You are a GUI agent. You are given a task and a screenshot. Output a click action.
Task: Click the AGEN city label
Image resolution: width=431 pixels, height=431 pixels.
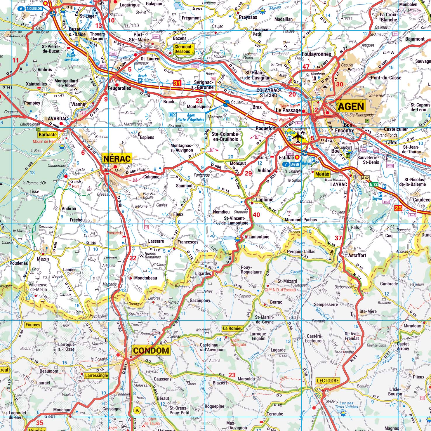[351, 106]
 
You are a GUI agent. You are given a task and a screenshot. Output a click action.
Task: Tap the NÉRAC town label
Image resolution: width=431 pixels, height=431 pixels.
[117, 159]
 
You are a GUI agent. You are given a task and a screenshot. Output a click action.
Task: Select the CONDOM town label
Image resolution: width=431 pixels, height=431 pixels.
[151, 351]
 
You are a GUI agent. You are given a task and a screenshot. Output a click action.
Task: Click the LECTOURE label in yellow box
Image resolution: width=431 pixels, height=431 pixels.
[328, 381]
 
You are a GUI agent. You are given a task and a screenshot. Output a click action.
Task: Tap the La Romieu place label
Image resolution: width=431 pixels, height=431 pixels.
[232, 328]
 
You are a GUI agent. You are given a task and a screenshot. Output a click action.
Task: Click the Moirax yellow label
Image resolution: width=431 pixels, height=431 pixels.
[322, 174]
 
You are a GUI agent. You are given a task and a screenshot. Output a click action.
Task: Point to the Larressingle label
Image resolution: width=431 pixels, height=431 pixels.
[96, 376]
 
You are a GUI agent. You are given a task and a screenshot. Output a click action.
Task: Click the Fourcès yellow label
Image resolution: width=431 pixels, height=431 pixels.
[33, 325]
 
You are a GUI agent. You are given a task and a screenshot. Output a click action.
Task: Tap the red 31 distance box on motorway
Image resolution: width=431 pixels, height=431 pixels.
[177, 83]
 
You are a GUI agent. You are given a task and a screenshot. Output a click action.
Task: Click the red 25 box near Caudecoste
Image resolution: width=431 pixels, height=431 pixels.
[398, 208]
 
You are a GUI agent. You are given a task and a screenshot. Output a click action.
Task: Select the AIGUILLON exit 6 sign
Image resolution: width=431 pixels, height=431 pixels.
[31, 9]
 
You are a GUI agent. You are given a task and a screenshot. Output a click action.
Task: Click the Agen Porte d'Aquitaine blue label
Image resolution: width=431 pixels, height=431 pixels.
[191, 117]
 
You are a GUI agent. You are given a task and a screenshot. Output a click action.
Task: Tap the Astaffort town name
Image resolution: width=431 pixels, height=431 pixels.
[357, 255]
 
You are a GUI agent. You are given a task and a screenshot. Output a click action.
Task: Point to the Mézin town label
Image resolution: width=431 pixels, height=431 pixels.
[43, 259]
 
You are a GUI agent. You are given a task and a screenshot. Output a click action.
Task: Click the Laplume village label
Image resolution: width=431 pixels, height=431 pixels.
[265, 200]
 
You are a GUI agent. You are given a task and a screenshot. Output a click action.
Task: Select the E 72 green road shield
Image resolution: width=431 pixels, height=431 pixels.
[373, 184]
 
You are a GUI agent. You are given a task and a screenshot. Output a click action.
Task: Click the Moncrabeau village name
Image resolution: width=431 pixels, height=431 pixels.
[145, 278]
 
